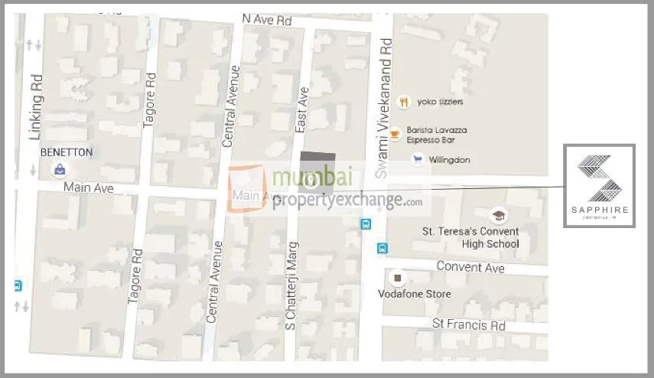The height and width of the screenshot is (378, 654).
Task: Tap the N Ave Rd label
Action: coord(267,18)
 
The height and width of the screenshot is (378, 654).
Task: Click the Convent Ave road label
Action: coord(470,266)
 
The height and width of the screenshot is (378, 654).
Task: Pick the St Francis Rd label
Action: coord(468,324)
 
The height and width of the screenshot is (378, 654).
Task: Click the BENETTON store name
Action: coord(67,152)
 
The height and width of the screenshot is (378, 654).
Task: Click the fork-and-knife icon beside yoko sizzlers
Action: coord(403,102)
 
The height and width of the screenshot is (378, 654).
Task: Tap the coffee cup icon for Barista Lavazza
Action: coord(395,135)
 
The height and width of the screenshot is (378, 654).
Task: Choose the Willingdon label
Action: coord(450,160)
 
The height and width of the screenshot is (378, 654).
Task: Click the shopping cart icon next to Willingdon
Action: coord(417,159)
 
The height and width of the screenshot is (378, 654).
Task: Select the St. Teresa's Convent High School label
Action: coord(470,237)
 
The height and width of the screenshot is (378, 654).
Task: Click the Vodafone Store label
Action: coord(415,294)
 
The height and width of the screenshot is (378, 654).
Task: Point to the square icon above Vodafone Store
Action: coord(396,277)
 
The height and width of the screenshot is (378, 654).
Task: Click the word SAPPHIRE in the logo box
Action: coord(599,209)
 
